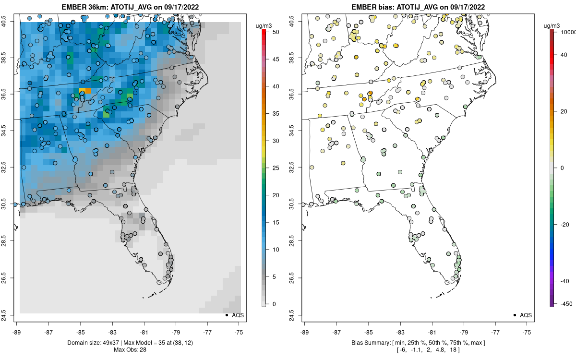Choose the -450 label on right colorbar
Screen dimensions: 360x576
(x=565, y=303)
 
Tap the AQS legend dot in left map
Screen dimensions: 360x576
(x=226, y=315)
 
